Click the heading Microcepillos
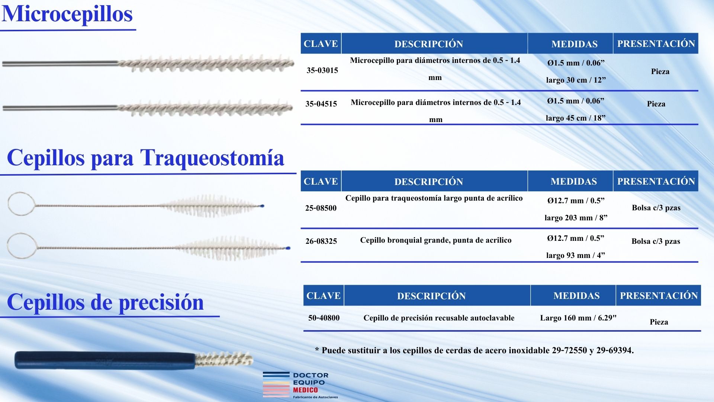(67, 14)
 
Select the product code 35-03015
(322, 70)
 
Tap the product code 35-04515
(321, 104)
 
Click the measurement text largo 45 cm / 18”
(575, 118)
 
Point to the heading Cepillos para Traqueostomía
(145, 158)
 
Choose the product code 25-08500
(321, 208)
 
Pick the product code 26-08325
(321, 241)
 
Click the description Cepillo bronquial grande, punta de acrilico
(435, 240)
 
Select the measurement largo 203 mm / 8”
(576, 218)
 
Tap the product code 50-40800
(324, 318)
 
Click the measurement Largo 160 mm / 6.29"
(578, 318)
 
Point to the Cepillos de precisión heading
(105, 302)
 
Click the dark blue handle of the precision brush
(104, 360)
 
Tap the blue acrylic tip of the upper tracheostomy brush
(262, 206)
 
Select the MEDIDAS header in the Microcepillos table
(574, 44)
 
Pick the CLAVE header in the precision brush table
(323, 296)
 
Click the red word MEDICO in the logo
(305, 390)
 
